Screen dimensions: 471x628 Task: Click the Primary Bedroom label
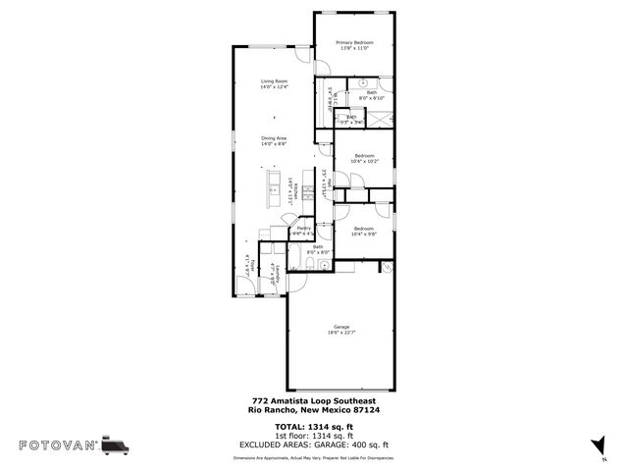(354, 42)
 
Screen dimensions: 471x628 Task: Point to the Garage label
(341, 327)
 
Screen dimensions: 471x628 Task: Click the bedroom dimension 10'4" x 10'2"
(364, 162)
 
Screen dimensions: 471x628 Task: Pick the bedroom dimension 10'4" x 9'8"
(364, 235)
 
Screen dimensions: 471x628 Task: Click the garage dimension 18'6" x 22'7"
(341, 333)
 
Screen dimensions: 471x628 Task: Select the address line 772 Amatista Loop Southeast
(314, 400)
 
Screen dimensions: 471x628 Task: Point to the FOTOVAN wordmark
(58, 445)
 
